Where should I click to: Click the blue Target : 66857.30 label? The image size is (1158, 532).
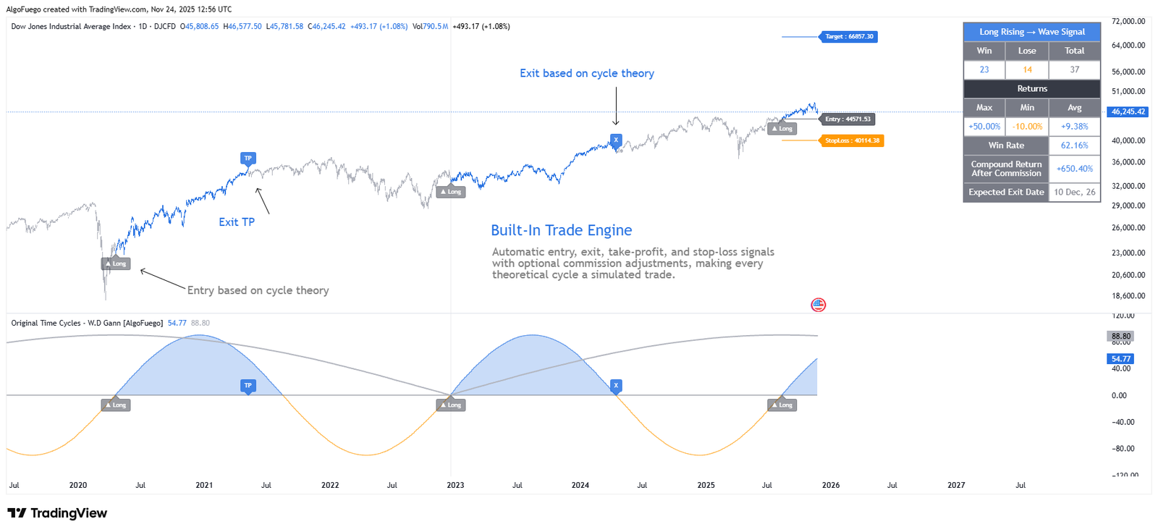click(x=849, y=36)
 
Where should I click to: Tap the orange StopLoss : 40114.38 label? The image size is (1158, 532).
click(x=852, y=140)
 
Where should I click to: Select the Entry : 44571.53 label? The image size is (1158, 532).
click(x=848, y=119)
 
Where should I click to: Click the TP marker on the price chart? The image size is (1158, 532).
click(x=248, y=159)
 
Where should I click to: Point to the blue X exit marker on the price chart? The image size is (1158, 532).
click(x=616, y=140)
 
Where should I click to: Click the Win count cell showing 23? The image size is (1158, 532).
click(x=984, y=69)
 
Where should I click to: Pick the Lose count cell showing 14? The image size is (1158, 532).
click(x=1027, y=69)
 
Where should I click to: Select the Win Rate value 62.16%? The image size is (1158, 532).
click(x=1074, y=145)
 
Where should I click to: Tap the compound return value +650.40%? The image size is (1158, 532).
click(x=1074, y=169)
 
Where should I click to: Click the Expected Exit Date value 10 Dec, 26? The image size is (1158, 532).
click(x=1074, y=192)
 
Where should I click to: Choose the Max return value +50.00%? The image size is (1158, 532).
click(x=984, y=127)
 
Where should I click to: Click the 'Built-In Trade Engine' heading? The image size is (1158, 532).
click(x=561, y=230)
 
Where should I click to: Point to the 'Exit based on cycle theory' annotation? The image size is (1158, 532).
click(x=586, y=73)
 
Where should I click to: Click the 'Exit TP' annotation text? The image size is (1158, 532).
click(x=237, y=222)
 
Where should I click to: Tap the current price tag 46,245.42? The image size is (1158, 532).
click(x=1128, y=112)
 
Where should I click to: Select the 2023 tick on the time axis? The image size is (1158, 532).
click(x=455, y=485)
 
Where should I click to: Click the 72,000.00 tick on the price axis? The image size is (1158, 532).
click(x=1128, y=22)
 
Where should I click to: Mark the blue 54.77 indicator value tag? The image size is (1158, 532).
click(x=1120, y=359)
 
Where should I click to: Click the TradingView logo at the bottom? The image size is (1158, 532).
click(x=57, y=513)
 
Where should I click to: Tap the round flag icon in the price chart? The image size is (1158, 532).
click(x=819, y=305)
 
